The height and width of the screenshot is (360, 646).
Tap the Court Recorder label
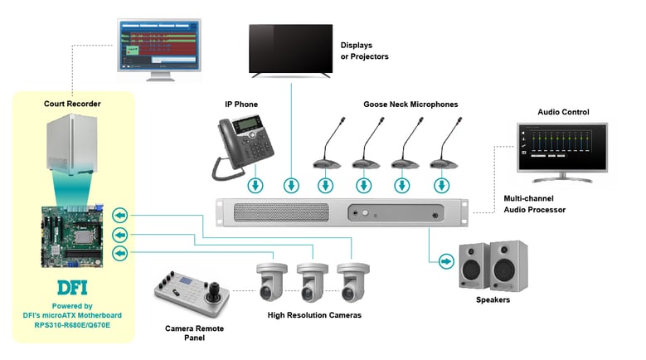click(72, 104)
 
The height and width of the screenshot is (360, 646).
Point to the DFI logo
click(72, 289)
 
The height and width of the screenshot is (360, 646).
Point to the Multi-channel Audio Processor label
click(535, 204)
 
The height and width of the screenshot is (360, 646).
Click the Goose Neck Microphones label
click(410, 105)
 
